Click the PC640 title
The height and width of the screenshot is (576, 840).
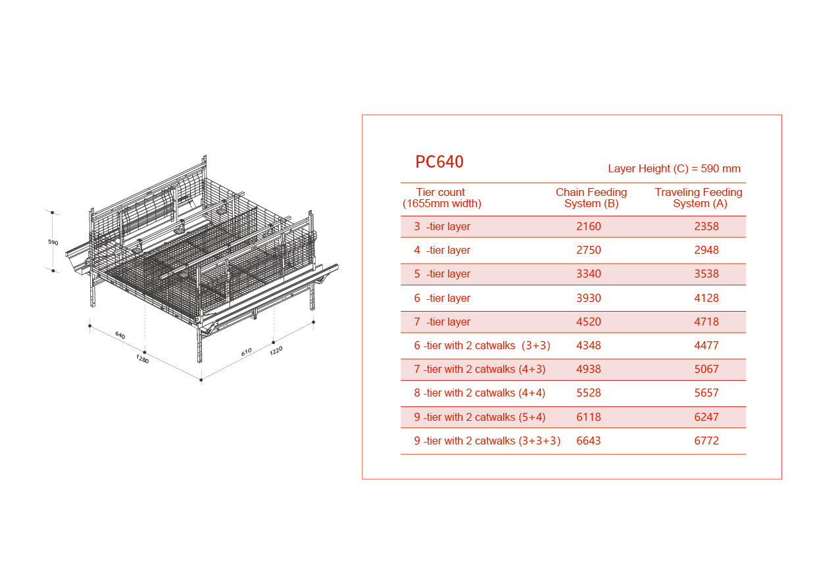click(x=439, y=162)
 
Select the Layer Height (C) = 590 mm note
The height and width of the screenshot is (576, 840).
click(x=674, y=168)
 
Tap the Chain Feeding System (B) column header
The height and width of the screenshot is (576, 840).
click(x=591, y=198)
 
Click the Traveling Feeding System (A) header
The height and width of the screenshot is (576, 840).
click(x=699, y=198)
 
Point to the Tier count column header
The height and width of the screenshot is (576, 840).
click(x=442, y=198)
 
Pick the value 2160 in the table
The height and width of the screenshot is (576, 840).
click(x=588, y=226)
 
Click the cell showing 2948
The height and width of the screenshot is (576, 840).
click(x=706, y=250)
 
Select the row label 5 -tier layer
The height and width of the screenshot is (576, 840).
click(x=442, y=274)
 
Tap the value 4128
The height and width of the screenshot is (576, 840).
click(x=706, y=298)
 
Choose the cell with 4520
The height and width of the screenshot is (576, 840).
click(x=588, y=322)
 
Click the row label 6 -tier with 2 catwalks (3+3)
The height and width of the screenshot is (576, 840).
click(x=482, y=345)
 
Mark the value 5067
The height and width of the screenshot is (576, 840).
click(x=706, y=369)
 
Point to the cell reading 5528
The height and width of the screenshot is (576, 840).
click(x=588, y=393)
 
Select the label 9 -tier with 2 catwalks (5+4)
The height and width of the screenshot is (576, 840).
click(x=480, y=417)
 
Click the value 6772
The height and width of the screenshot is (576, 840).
click(x=706, y=441)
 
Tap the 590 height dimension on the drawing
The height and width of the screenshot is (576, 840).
click(x=53, y=243)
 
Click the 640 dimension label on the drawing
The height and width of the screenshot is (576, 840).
click(x=120, y=335)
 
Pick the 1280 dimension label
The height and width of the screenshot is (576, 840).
click(x=142, y=359)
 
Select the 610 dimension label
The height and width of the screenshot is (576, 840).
click(x=247, y=352)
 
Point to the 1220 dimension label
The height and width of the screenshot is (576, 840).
click(x=276, y=350)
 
